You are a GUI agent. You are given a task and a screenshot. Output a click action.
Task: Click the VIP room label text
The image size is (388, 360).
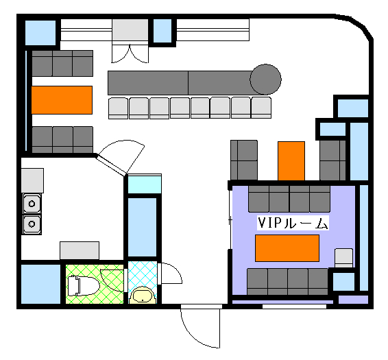pyautogui.click(x=293, y=223)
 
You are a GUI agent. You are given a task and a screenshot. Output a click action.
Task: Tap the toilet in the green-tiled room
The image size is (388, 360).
pyautogui.click(x=84, y=286)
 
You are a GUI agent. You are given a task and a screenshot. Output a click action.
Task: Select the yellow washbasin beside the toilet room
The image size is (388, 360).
pyautogui.click(x=143, y=296)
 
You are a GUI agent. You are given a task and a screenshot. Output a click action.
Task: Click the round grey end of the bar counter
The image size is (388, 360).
pyautogui.click(x=265, y=80)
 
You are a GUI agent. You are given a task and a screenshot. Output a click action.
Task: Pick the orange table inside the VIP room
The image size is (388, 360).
pyautogui.click(x=287, y=248)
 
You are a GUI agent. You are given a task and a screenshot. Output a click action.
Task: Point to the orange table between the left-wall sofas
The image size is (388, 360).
pyautogui.click(x=62, y=100)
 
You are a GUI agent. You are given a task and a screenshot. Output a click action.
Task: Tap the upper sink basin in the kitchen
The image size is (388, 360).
pyautogui.click(x=32, y=204)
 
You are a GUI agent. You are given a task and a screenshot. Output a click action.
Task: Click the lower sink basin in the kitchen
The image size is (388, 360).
pyautogui.click(x=32, y=224)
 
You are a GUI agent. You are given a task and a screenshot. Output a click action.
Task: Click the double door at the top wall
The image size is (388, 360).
pyautogui.click(x=130, y=53)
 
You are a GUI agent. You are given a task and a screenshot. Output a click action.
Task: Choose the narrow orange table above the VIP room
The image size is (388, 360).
pyautogui.click(x=291, y=161)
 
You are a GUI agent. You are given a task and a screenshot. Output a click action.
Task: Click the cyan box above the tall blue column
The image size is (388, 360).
pyautogui.click(x=145, y=184)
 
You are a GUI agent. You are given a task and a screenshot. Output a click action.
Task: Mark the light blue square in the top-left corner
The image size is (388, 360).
pyautogui.click(x=40, y=33)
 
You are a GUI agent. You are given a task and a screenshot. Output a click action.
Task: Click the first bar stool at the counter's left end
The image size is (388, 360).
pyautogui.click(x=119, y=108)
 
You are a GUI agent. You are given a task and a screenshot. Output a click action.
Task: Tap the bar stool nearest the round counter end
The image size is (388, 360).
pyautogui.click(x=261, y=108)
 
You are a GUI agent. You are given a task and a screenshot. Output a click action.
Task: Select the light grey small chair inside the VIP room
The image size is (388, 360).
pyautogui.click(x=343, y=259)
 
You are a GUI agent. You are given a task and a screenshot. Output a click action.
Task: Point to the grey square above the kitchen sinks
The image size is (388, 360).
pyautogui.click(x=32, y=181)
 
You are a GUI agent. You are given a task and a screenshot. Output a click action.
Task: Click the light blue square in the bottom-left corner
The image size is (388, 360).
pyautogui.click(x=41, y=285)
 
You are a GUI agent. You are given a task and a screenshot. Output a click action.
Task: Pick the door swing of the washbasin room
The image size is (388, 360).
pyautogui.click(x=171, y=273)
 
